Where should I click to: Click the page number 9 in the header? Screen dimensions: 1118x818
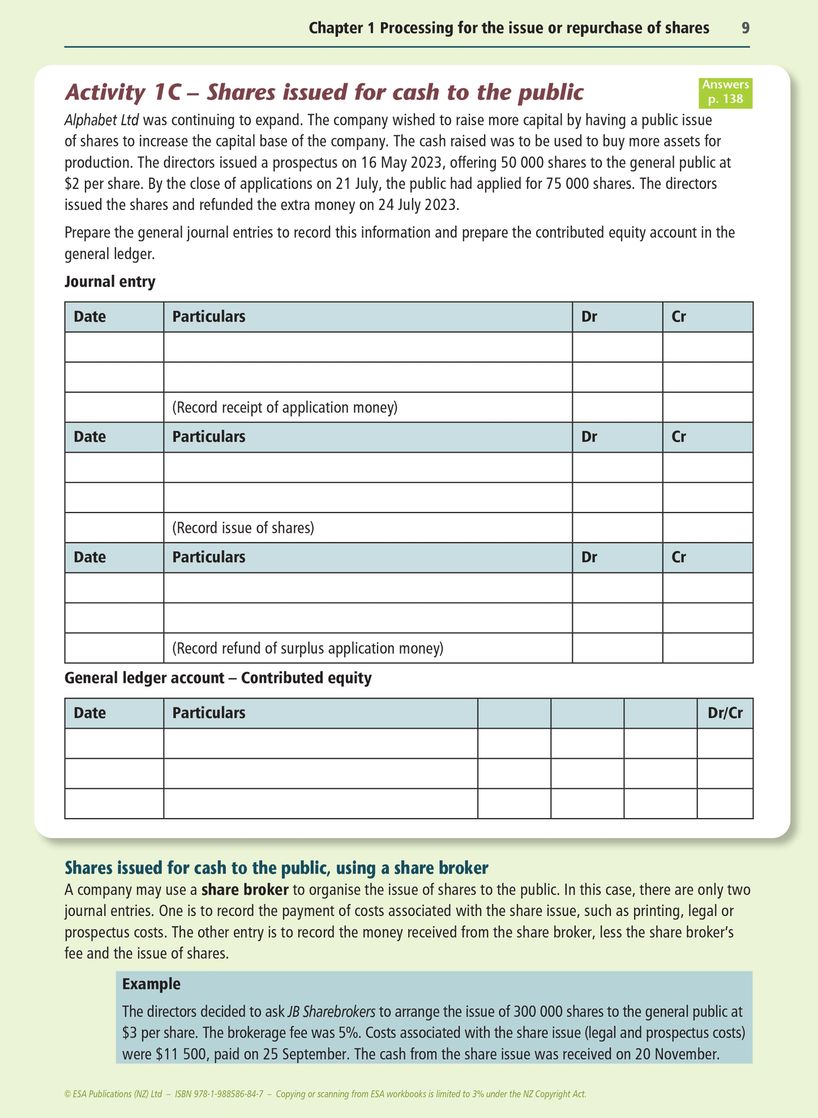[746, 28]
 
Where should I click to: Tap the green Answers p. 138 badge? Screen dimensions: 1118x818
[725, 92]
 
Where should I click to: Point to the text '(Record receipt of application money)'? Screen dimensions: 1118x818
[285, 407]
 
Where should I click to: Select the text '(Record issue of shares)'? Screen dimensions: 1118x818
[243, 528]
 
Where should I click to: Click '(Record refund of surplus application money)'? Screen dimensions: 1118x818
[307, 648]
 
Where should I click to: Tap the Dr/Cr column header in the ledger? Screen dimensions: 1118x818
[725, 713]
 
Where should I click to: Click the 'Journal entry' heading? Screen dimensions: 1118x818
[110, 282]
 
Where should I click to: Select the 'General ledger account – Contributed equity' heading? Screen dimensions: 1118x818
[218, 678]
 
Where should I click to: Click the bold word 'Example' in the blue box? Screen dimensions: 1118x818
[151, 984]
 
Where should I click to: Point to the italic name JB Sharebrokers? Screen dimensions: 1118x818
[331, 1012]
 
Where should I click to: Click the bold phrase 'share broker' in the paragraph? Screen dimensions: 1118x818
[245, 890]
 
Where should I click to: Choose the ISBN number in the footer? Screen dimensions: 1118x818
[219, 1094]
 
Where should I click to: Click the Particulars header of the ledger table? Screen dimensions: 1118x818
[209, 713]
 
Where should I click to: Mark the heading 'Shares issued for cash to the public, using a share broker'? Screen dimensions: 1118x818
[276, 867]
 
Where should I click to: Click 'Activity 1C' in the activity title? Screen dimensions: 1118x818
[122, 92]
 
